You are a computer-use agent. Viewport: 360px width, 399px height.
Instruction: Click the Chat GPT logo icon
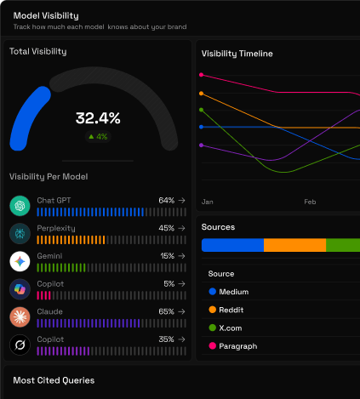click(x=20, y=206)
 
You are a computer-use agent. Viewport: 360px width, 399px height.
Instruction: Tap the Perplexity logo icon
click(x=20, y=234)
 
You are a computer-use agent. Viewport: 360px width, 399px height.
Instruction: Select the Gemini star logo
click(x=20, y=261)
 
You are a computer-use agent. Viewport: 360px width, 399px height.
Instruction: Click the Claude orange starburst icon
click(x=20, y=317)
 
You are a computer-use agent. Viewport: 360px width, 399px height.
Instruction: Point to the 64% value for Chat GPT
click(x=167, y=201)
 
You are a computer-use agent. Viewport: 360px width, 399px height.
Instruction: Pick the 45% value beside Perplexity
click(x=167, y=228)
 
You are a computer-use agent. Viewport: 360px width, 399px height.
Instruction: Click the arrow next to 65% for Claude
click(x=181, y=311)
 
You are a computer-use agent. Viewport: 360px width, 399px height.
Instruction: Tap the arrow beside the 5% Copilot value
click(x=181, y=284)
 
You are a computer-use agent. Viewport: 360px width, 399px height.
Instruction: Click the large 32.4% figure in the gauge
click(x=98, y=118)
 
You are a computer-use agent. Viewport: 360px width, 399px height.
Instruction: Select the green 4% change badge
click(x=98, y=137)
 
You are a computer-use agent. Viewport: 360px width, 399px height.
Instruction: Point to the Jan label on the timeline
click(x=208, y=202)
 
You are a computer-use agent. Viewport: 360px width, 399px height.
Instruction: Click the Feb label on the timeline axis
click(x=310, y=202)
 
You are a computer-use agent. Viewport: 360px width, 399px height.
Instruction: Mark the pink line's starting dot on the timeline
click(x=202, y=75)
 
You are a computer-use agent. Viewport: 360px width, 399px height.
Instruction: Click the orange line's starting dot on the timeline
click(x=202, y=94)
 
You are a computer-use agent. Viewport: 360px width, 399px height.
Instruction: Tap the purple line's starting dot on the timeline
click(x=202, y=145)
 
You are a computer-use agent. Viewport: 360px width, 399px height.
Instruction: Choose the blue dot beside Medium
click(x=213, y=292)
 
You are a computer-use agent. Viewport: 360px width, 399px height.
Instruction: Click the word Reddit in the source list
click(x=231, y=310)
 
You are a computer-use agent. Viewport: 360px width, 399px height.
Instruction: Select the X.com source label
click(x=231, y=328)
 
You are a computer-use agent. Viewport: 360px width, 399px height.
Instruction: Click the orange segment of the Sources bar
click(x=295, y=245)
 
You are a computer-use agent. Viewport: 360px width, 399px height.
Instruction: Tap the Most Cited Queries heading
click(x=54, y=380)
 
